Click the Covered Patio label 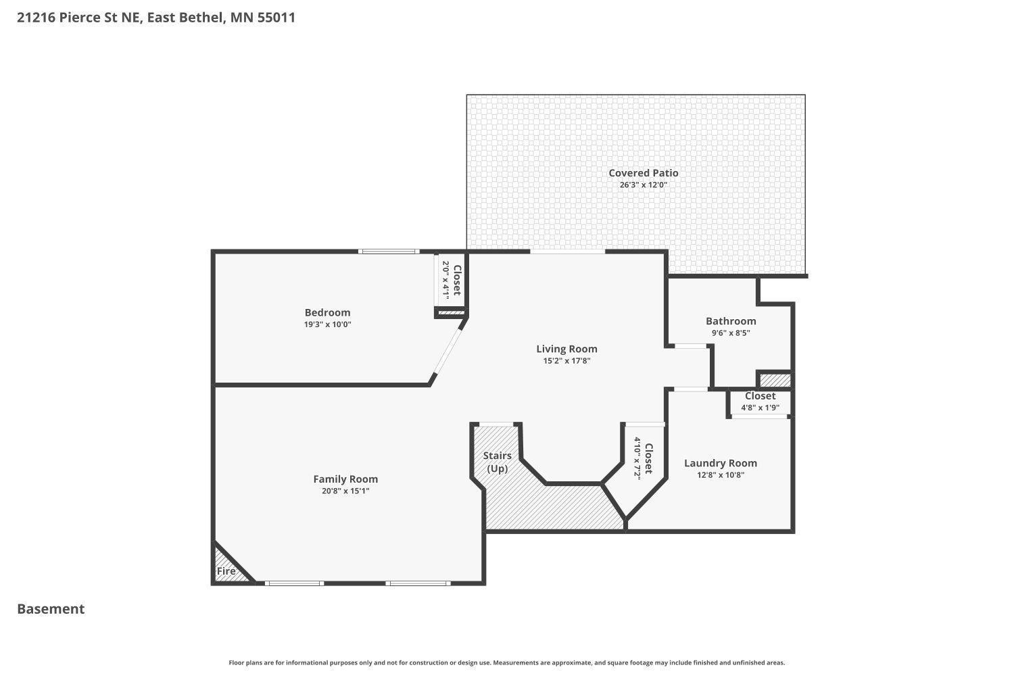(643, 173)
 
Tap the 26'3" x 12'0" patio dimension (643, 185)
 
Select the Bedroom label (327, 312)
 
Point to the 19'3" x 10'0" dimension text (327, 324)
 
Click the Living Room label (566, 349)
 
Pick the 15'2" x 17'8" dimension (566, 361)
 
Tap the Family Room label (345, 479)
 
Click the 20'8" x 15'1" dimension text (345, 491)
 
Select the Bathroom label (731, 321)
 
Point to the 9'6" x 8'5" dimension (731, 333)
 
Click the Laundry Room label (720, 463)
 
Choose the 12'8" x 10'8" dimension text (720, 475)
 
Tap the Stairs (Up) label (498, 462)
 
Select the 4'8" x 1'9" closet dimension (760, 408)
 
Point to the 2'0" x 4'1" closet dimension (445, 280)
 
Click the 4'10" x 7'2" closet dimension (637, 458)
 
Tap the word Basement (51, 609)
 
